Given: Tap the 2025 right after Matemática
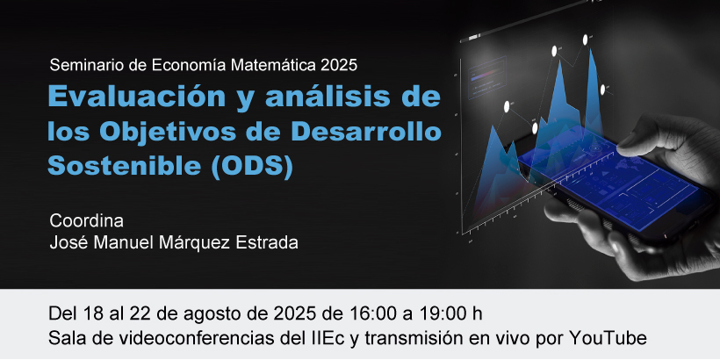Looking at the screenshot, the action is point(339,65).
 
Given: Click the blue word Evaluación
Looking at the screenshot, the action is point(137,97).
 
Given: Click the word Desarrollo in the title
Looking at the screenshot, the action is point(366,132).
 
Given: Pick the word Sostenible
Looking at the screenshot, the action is point(125,165).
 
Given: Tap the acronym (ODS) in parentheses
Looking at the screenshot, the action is point(252,166).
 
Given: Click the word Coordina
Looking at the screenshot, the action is point(86,221).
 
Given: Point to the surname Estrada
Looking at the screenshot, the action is point(267,242).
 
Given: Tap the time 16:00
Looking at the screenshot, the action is point(372,314).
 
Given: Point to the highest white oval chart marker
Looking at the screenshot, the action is point(586,40).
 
